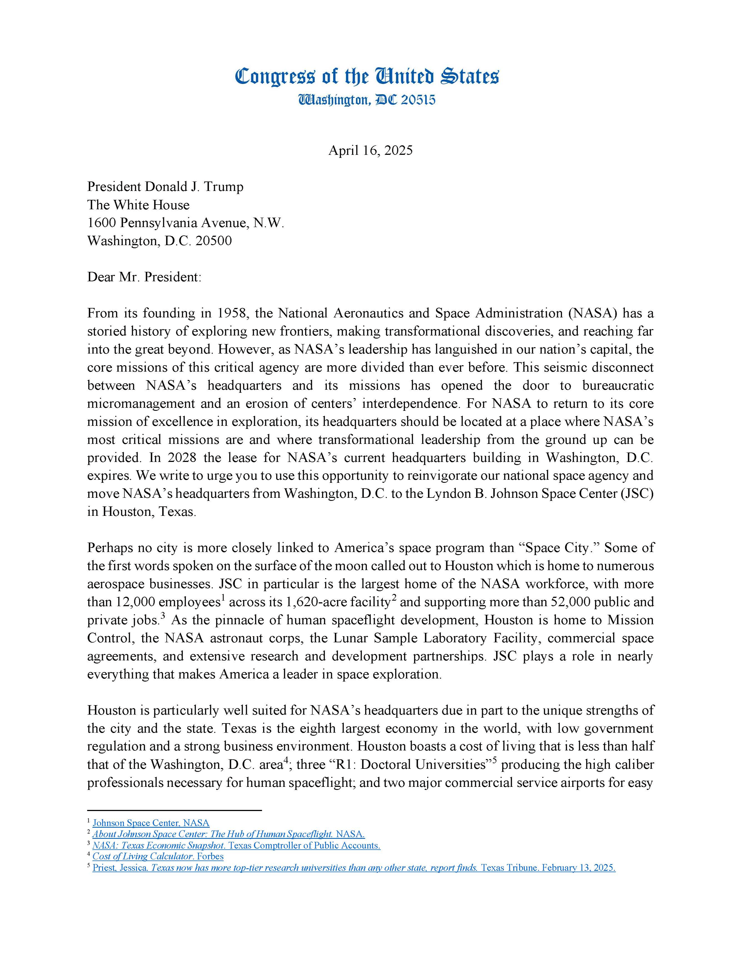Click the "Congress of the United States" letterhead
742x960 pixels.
pos(367,76)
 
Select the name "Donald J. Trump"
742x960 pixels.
pos(194,186)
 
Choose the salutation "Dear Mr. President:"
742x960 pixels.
pos(144,277)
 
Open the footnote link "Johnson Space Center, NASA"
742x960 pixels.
pos(151,823)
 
